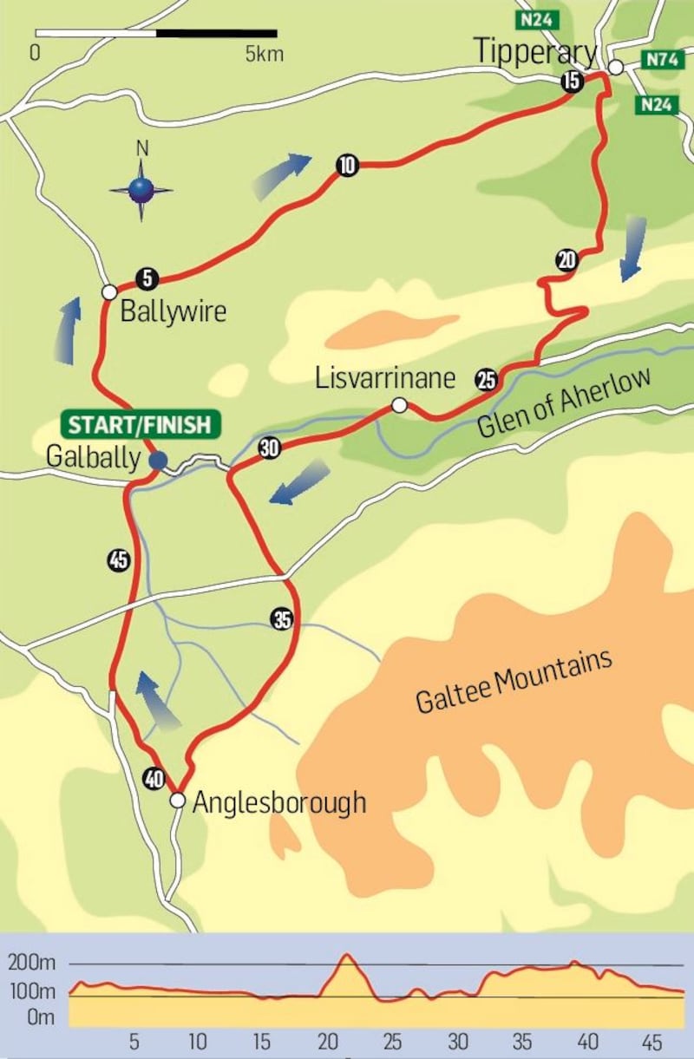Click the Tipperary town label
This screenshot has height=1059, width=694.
pyautogui.click(x=535, y=51)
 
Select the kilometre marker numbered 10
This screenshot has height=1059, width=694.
pyautogui.click(x=347, y=166)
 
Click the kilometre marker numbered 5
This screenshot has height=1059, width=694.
pyautogui.click(x=147, y=278)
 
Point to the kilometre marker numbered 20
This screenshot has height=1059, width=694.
pyautogui.click(x=566, y=259)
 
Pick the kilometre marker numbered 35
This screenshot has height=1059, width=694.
pyautogui.click(x=282, y=619)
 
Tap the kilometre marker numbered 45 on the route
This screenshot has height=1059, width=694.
pyautogui.click(x=119, y=560)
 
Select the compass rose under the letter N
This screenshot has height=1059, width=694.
pyautogui.click(x=141, y=189)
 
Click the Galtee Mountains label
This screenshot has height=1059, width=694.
pyautogui.click(x=514, y=681)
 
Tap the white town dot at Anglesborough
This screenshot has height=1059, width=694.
pyautogui.click(x=177, y=800)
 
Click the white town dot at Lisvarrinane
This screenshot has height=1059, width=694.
pyautogui.click(x=399, y=404)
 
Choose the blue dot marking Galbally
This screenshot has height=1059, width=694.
pyautogui.click(x=157, y=460)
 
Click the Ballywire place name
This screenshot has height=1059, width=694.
pyautogui.click(x=173, y=311)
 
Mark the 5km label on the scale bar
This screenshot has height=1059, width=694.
pyautogui.click(x=263, y=54)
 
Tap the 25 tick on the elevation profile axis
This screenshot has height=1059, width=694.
pyautogui.click(x=392, y=1041)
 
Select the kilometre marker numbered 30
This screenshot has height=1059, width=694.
pyautogui.click(x=269, y=448)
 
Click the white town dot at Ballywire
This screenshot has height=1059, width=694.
pyautogui.click(x=109, y=292)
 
